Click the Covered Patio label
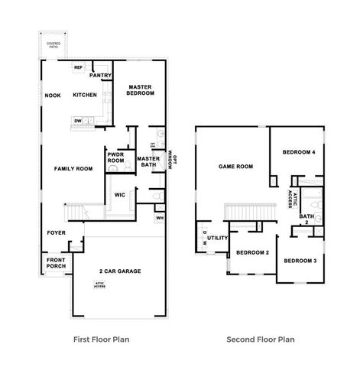tap(54, 45)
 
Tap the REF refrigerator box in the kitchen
tap(78, 68)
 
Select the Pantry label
tap(101, 76)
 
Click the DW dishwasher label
tap(78, 120)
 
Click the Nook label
tap(53, 96)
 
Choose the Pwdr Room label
tap(116, 158)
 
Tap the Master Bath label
tap(147, 161)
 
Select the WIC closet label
tap(119, 195)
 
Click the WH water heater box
tap(159, 218)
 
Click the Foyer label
tap(56, 232)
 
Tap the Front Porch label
tap(56, 264)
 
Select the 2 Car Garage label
tap(121, 271)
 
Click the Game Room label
tap(235, 166)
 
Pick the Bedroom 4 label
tap(299, 152)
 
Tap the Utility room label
tap(218, 239)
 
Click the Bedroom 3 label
tap(300, 261)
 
